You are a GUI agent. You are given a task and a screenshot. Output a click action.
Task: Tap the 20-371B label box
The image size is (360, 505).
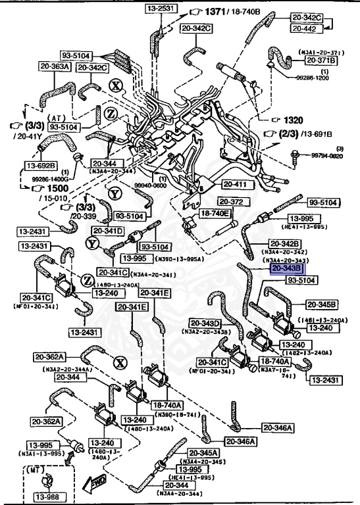pos(320,60)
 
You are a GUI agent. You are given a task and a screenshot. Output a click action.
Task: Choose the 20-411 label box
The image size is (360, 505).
pos(235,184)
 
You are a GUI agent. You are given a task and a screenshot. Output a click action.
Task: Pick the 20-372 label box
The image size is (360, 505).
pos(232,201)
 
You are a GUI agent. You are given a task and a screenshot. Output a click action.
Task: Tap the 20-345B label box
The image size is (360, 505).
pos(321,304)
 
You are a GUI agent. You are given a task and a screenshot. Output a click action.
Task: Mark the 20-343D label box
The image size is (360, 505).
pos(206,323)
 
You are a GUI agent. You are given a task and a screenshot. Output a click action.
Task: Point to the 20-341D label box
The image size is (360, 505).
pos(109,231)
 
